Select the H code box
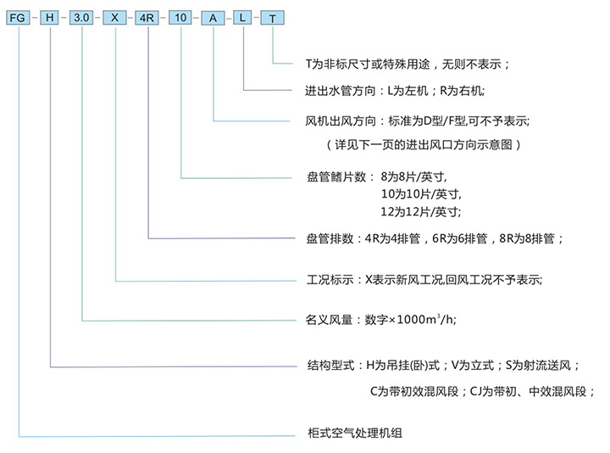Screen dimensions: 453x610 coord(51,18)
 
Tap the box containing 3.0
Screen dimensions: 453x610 coord(83,18)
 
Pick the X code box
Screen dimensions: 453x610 coord(115,18)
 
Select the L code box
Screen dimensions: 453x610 coord(243,18)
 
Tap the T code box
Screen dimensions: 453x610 coord(273,18)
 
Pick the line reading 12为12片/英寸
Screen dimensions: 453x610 coord(420,210)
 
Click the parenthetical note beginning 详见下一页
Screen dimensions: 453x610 coord(424,144)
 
